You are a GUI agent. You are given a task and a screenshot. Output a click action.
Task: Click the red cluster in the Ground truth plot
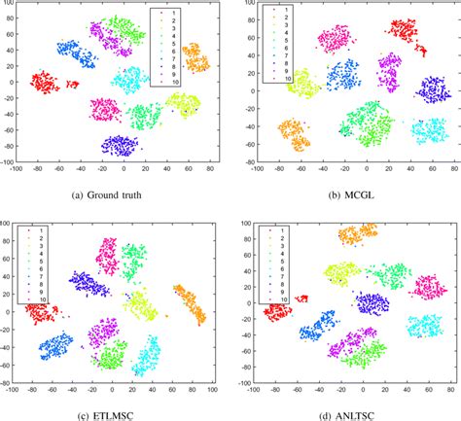coord(46,83)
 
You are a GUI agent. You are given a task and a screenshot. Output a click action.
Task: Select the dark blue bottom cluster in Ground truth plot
coord(120,146)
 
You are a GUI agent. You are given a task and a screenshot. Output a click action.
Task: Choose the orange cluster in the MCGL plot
coord(294,134)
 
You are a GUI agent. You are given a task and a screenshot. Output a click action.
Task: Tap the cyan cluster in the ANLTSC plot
coord(426,327)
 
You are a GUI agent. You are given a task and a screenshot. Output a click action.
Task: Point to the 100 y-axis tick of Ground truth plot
coord(8,6)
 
